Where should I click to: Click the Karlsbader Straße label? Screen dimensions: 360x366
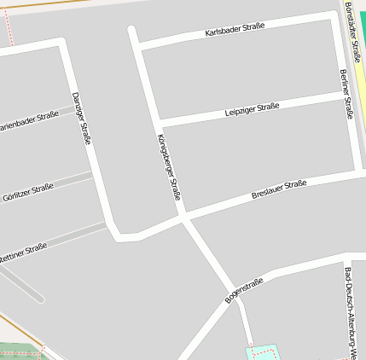[235, 29]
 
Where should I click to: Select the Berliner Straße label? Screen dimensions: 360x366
[346, 94]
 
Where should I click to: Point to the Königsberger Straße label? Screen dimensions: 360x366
[169, 166]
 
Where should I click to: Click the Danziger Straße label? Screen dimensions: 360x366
[81, 118]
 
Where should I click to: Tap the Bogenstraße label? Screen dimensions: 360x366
[244, 291]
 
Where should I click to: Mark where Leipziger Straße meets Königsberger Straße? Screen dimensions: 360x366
[155, 122]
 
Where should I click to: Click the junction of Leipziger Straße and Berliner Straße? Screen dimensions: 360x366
[346, 96]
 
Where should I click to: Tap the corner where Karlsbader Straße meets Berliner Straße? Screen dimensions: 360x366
[334, 17]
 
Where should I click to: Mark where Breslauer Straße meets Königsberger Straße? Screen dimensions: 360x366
[183, 216]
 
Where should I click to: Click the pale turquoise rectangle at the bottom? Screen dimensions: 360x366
[262, 352]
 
